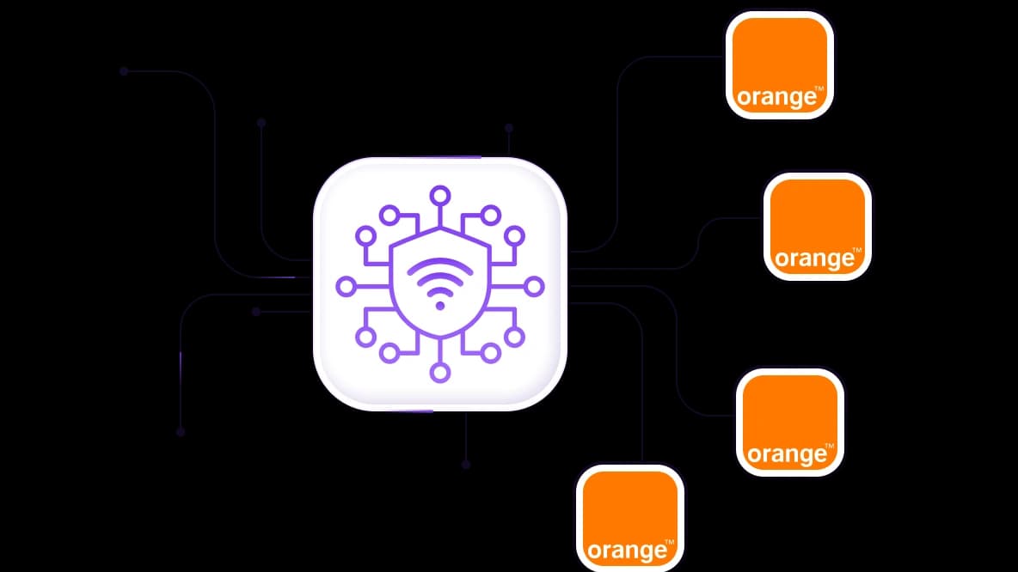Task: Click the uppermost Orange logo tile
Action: [x=779, y=65]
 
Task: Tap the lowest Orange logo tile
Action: [x=629, y=518]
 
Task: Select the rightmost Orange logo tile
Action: [x=818, y=227]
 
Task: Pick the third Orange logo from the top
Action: [x=790, y=423]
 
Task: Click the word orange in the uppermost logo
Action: [x=776, y=97]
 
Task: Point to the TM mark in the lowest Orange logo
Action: [x=670, y=542]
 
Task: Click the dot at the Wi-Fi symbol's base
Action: [x=440, y=306]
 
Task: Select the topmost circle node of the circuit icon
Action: [x=440, y=195]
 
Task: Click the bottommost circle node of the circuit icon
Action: [x=440, y=373]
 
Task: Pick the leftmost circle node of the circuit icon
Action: [x=346, y=286]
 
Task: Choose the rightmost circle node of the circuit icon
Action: [x=534, y=286]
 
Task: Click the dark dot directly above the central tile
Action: [x=509, y=129]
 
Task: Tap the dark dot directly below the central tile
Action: [x=465, y=465]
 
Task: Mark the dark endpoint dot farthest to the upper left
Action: [x=124, y=71]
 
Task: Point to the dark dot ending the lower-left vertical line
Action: [x=181, y=432]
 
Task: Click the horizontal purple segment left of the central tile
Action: [x=280, y=277]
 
